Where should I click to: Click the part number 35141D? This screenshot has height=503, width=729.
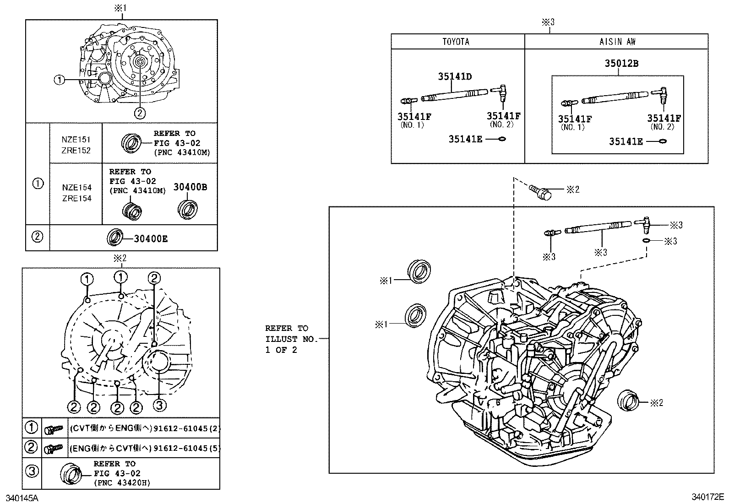[455, 76]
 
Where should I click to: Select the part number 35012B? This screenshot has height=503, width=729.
[621, 63]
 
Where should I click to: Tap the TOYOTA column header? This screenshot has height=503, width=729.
[456, 42]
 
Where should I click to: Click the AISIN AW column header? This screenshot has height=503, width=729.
[617, 42]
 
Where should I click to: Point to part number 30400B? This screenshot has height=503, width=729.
[190, 187]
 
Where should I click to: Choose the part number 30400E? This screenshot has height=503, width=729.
[151, 239]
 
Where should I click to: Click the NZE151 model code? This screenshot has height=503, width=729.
[76, 140]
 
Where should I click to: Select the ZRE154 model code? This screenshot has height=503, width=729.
[77, 198]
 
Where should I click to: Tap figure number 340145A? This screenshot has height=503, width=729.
[22, 498]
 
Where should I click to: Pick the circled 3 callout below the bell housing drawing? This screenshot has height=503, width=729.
[159, 405]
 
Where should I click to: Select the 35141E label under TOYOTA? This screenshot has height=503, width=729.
[465, 139]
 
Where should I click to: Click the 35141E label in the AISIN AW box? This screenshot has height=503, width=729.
[626, 141]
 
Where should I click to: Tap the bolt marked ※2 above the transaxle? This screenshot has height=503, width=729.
[540, 192]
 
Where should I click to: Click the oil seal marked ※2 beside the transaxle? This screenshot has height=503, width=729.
[628, 400]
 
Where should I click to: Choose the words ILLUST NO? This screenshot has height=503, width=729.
[291, 339]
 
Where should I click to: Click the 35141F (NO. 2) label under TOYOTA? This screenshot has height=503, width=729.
[503, 119]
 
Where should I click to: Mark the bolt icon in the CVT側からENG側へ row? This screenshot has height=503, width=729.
[54, 429]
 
